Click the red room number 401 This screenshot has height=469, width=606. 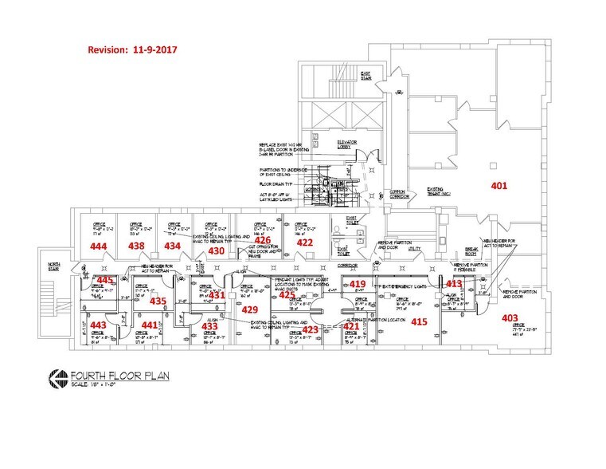point(498,187)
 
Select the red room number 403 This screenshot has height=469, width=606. point(509,318)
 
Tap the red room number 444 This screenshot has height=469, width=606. point(100,247)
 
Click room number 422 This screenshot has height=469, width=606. point(305,242)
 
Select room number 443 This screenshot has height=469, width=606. point(97,325)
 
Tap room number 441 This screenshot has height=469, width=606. point(150,325)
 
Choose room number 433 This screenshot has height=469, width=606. point(209,326)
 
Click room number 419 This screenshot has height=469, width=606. point(358,285)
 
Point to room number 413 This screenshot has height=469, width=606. point(453,283)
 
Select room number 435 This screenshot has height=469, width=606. point(158,301)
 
